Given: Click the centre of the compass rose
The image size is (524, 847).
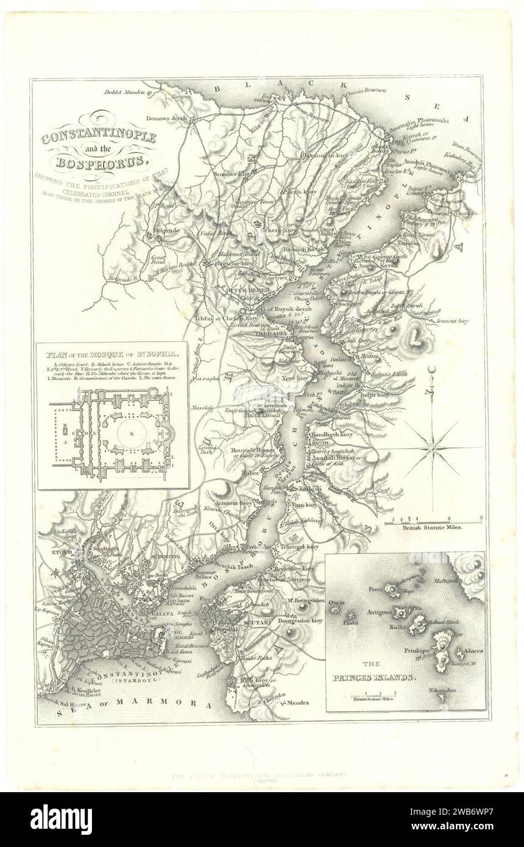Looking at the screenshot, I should click(x=431, y=448).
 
